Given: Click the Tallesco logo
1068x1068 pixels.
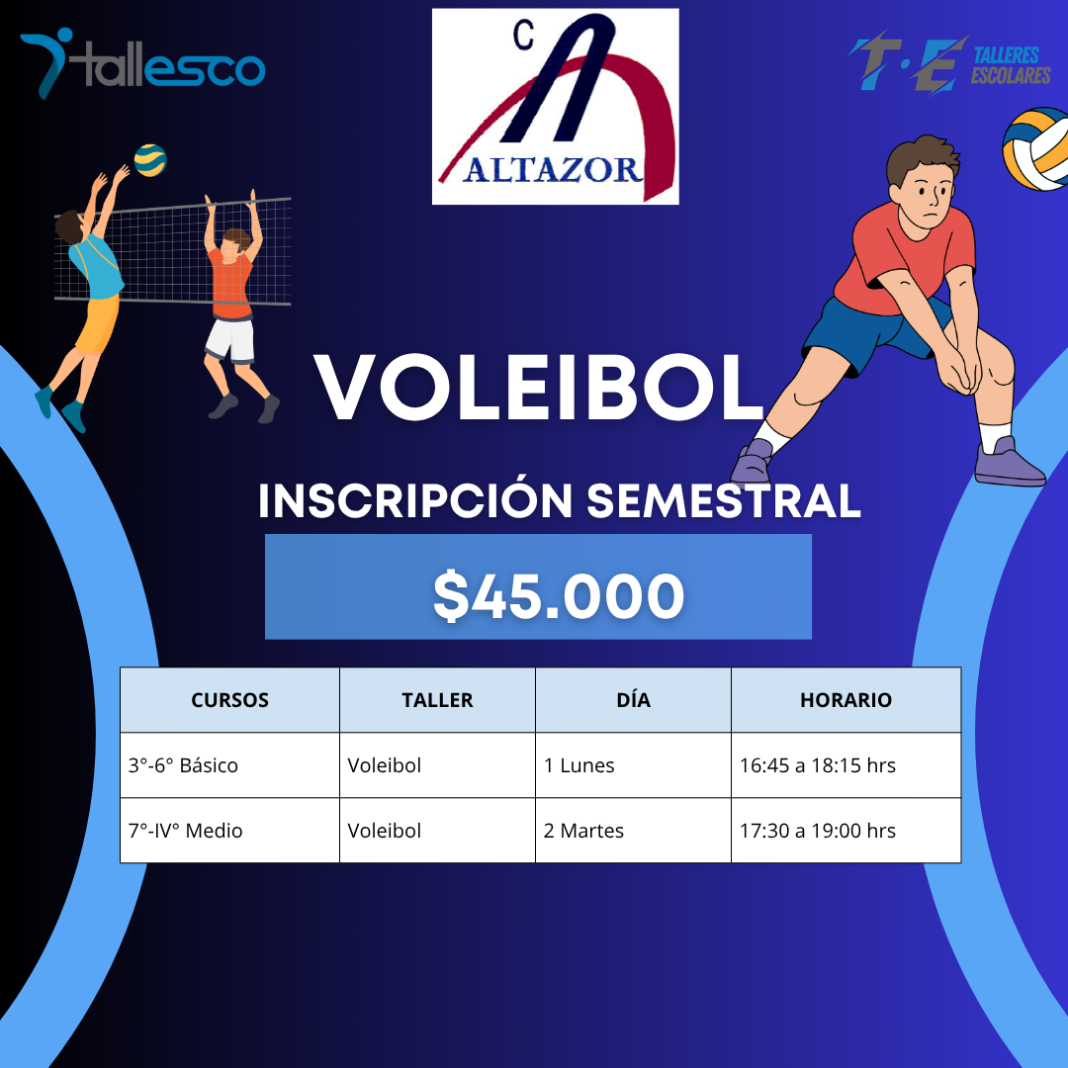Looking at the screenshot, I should coord(143,65).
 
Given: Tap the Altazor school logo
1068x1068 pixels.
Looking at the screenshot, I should coord(555,107).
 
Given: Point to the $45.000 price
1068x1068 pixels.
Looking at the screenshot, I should coord(559,596).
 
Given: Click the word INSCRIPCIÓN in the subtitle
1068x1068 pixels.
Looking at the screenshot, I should coord(415,501).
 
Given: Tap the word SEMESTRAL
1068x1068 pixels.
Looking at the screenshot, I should coord(724,501).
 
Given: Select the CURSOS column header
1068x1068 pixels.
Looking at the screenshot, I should coord(229,700).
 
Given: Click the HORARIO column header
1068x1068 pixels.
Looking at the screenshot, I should coord(845,700).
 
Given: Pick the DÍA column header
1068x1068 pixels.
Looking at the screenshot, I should coord(633,700).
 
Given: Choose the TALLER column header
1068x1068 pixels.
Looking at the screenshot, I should coord(437,700).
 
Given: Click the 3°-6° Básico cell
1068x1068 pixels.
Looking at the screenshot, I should coord(183,765).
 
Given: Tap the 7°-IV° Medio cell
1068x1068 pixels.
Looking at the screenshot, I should coord(185,831).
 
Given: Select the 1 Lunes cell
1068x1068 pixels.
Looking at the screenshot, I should coord(579,765).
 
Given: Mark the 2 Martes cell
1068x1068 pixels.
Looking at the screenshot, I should coord(583,831).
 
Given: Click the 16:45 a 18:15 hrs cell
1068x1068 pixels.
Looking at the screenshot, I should coord(818,765).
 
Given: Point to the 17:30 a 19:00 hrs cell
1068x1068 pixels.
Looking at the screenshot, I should coord(818,831).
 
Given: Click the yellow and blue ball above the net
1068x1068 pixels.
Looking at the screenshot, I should coord(150,159).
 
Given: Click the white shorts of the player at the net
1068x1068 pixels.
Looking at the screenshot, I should coord(230,340).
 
